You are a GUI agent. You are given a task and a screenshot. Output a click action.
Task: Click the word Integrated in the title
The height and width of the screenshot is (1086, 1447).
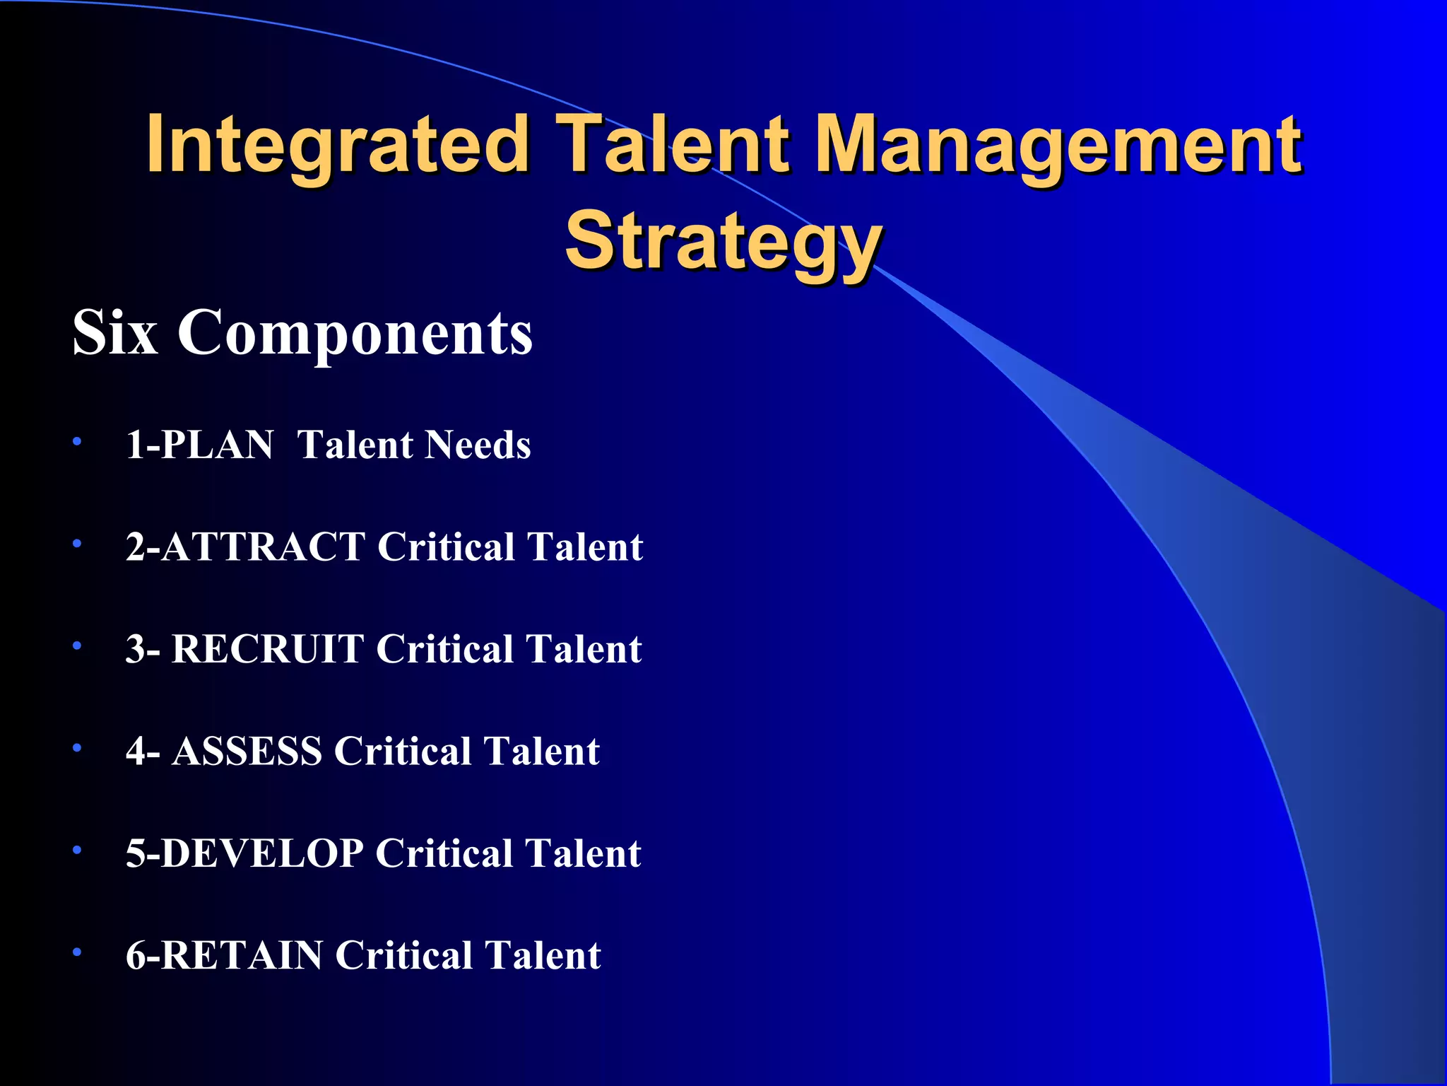[x=337, y=145]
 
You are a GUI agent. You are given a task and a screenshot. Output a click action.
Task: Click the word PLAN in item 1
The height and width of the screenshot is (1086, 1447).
[x=217, y=445]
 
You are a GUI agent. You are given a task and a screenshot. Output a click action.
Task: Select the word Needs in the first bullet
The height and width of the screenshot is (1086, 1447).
[x=478, y=445]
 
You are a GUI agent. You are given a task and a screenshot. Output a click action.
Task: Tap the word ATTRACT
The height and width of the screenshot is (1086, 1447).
[x=263, y=547]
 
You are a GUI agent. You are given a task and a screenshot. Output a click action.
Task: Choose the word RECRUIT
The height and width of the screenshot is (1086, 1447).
[x=266, y=649]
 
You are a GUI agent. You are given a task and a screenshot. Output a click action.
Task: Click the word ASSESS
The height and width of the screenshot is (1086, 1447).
[x=247, y=751]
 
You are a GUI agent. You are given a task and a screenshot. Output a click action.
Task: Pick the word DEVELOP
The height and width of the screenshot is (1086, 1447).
[x=262, y=853]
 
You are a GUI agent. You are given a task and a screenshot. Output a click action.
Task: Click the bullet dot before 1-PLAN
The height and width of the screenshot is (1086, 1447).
[x=77, y=443]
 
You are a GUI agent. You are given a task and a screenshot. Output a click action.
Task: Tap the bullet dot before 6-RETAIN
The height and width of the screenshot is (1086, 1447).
[x=77, y=952]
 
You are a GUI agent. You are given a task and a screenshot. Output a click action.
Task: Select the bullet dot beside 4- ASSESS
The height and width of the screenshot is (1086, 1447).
[x=77, y=748]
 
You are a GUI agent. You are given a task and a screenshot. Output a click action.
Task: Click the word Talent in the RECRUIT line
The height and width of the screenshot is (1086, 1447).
[x=584, y=649]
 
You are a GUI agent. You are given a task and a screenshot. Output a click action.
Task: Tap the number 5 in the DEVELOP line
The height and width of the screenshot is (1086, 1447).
[x=135, y=853]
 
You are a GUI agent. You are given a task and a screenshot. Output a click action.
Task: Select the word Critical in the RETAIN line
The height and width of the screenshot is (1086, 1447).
[x=403, y=955]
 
